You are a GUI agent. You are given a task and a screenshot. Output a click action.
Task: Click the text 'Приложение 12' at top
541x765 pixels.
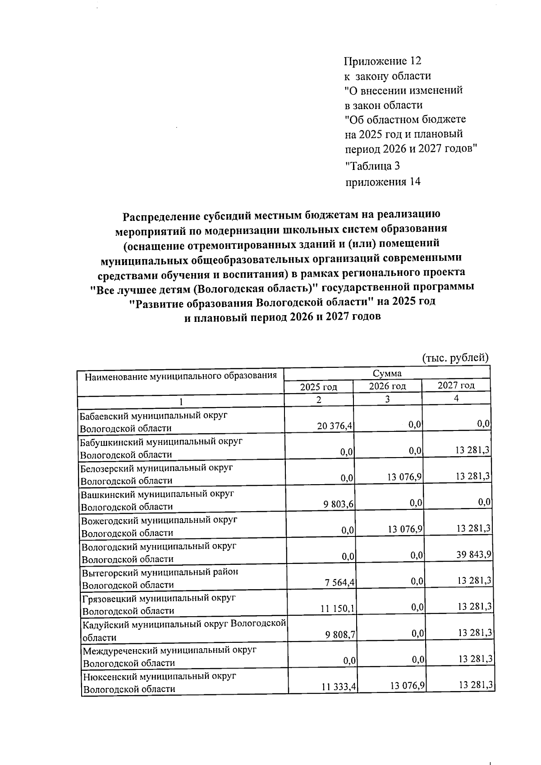coord(382,61)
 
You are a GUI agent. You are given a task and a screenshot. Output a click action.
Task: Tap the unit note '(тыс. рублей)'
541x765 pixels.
coord(455,358)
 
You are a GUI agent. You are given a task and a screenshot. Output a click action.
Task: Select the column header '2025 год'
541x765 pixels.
coord(319,387)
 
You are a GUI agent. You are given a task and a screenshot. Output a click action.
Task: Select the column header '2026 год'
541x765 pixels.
coord(387,386)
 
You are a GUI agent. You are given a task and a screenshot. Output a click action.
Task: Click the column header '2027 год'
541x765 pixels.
coord(456,385)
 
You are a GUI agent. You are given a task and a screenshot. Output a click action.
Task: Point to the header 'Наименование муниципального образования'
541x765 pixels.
coord(180,376)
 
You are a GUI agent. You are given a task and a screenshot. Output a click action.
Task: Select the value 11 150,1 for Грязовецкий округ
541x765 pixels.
coord(338,609)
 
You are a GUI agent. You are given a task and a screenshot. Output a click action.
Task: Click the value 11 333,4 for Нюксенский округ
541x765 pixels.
coord(339,687)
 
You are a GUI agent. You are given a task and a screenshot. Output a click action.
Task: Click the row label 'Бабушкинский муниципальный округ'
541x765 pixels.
coord(161,442)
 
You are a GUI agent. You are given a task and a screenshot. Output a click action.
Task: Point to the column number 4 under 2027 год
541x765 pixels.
coord(456,399)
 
